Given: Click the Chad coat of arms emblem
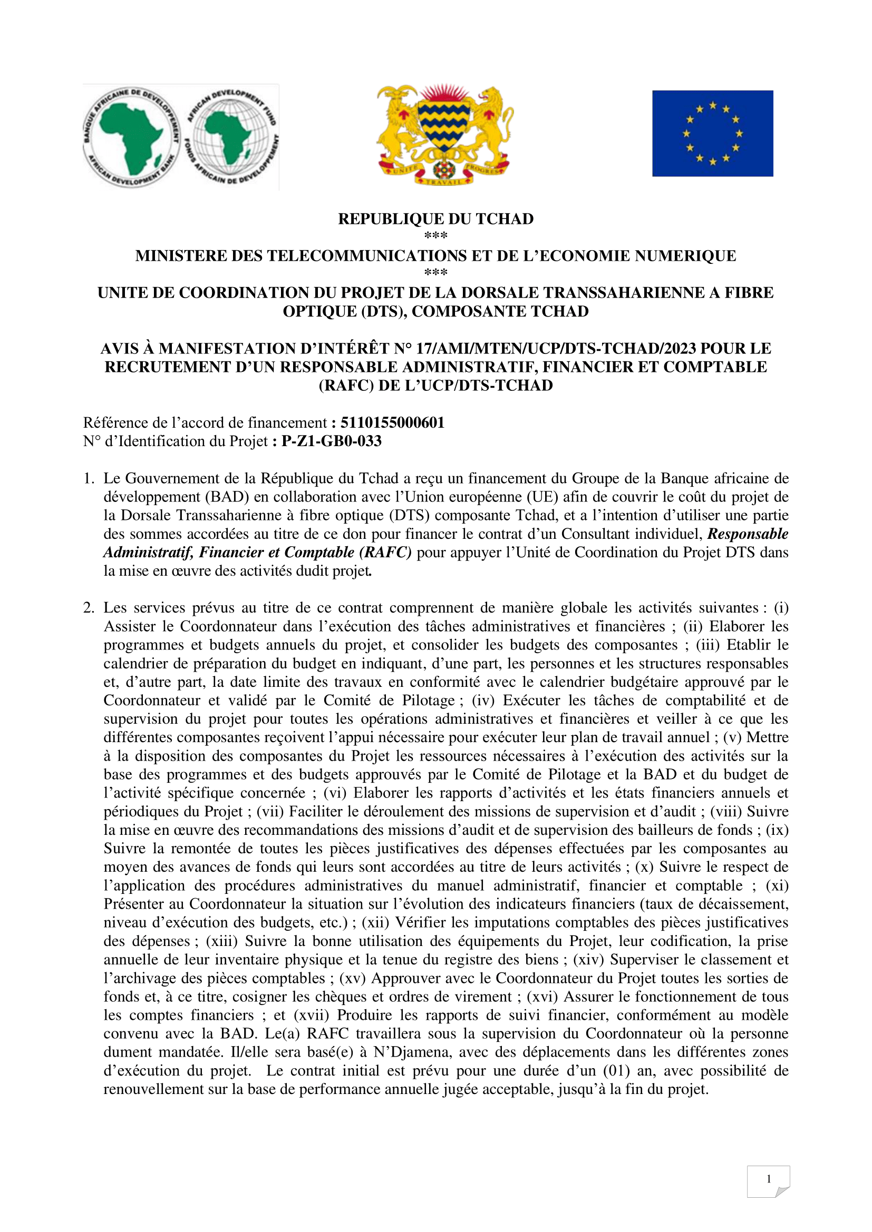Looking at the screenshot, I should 444,134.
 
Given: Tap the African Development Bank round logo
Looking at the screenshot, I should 131,137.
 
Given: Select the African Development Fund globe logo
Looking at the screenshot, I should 232,137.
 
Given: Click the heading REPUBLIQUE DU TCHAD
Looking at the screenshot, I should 435,219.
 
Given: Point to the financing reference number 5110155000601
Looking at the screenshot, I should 393,423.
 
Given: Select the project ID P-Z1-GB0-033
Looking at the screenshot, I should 331,441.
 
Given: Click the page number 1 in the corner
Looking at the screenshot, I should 768,1179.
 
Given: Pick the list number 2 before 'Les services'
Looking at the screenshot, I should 89,608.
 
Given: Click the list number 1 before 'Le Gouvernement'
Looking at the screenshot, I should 89,479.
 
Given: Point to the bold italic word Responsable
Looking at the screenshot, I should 748,534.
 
